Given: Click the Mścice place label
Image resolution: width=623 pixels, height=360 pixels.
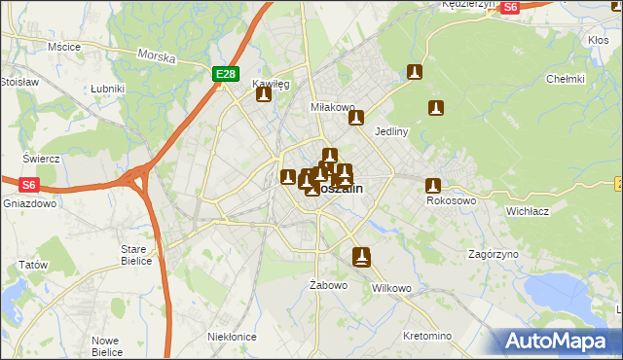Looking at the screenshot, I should [x=63, y=46].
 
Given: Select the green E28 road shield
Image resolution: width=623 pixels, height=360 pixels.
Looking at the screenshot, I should [x=225, y=73].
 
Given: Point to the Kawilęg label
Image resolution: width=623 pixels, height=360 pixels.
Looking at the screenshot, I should [x=271, y=84].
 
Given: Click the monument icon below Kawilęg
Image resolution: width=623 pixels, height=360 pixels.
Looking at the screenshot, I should [x=263, y=94].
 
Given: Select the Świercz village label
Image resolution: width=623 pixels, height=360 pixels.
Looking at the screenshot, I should [x=42, y=158].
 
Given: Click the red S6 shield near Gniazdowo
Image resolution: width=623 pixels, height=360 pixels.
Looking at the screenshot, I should [x=27, y=183].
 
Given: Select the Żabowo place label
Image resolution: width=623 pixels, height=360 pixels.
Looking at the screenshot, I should [x=328, y=285].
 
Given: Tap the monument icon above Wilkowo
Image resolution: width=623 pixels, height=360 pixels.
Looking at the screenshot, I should [x=361, y=257].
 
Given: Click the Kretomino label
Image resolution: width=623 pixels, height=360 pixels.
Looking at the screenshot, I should [x=426, y=336].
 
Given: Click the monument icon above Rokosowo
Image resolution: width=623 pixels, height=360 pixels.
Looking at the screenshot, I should [x=433, y=185].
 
